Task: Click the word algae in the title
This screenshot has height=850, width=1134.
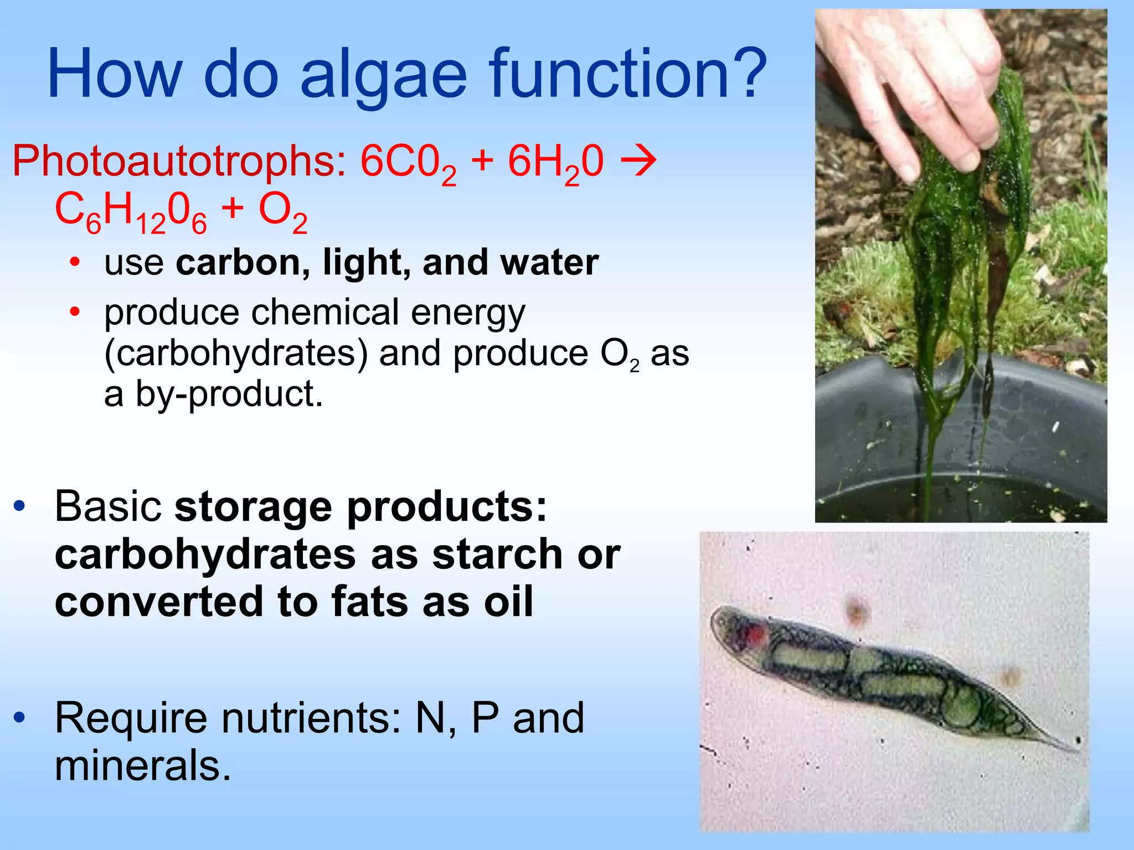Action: point(383,75)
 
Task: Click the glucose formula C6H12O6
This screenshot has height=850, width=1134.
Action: point(131,212)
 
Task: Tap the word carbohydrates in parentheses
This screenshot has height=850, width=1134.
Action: point(236,354)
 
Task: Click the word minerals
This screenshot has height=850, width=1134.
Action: point(142,766)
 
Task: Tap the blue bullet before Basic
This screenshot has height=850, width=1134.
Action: point(20,506)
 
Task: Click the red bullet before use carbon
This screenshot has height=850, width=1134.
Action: point(75,262)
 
